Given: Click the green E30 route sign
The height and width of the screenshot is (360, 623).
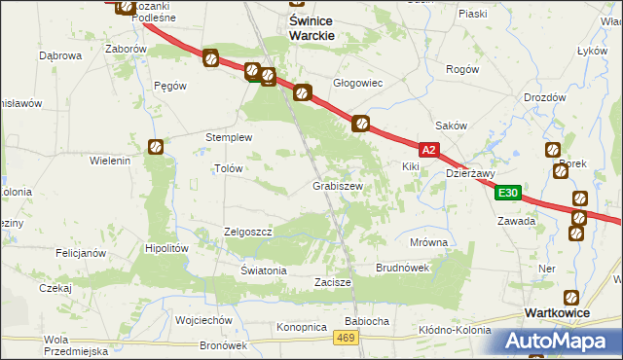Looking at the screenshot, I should tap(507, 193).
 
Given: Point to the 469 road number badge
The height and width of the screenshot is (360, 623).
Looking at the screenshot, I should tap(343, 337).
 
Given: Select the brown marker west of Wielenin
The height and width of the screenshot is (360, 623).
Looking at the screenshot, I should tap(155, 147).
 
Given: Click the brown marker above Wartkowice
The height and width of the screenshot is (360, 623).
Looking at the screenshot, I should tap(571, 297).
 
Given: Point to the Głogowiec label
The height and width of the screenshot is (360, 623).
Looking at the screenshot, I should tap(358, 84).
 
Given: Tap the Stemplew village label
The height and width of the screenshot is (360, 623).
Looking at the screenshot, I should tap(228, 137).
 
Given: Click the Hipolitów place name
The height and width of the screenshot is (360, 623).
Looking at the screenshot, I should tap(165, 248).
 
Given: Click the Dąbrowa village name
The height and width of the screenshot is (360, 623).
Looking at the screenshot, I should tap(59, 55).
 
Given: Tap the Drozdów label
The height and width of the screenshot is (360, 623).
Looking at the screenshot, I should tap(544, 97).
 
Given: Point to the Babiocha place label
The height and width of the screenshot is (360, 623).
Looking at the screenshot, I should tap(367, 320).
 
